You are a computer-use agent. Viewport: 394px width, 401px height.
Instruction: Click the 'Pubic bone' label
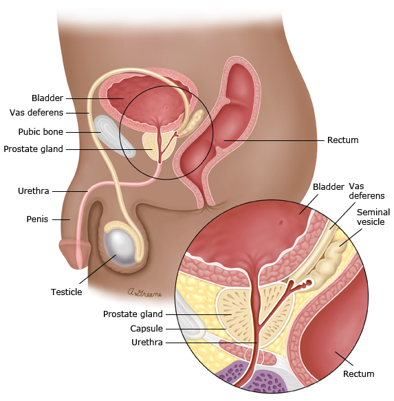click(x=41, y=131)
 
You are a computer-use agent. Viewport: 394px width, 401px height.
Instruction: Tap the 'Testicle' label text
click(x=66, y=292)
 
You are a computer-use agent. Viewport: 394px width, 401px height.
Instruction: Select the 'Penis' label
click(x=37, y=219)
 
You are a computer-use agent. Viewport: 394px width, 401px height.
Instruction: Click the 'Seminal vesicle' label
click(x=373, y=217)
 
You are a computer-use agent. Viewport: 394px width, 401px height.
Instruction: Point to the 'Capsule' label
click(x=146, y=328)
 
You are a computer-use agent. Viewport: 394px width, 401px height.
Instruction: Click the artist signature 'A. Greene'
click(x=144, y=292)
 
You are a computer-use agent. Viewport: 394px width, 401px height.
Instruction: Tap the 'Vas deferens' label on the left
click(x=36, y=113)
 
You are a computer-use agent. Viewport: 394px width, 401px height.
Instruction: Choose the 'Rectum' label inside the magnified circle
click(x=358, y=373)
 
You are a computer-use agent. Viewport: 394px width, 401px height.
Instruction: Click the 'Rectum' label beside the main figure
click(x=343, y=140)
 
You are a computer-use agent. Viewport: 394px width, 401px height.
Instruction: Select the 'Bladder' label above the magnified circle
click(x=328, y=186)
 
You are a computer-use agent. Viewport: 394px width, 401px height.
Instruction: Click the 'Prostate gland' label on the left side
click(x=33, y=149)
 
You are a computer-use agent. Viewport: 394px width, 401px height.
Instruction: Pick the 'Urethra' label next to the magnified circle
click(x=147, y=342)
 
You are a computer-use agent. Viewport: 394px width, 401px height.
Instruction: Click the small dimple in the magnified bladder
click(x=281, y=222)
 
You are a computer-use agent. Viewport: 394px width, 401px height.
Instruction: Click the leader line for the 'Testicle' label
click(x=98, y=269)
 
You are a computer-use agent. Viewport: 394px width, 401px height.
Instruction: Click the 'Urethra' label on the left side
click(x=34, y=191)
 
